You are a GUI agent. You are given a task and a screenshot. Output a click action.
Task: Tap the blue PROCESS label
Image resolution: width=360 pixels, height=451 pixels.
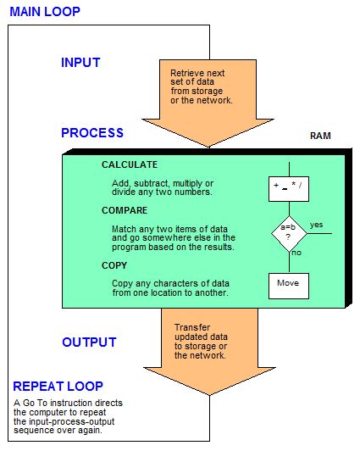pos(92,133)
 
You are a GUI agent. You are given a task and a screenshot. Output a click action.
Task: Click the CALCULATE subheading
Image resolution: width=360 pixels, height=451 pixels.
pos(130,164)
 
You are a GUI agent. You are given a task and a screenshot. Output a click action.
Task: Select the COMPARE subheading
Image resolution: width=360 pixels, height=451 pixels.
pos(125,211)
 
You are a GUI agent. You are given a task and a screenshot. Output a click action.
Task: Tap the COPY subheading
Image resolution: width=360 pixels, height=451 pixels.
pos(114,265)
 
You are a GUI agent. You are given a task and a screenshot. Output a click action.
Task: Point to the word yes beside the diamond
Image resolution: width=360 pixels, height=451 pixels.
pos(317,225)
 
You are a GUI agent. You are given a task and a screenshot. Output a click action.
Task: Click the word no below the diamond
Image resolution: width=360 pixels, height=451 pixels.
pos(296,253)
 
